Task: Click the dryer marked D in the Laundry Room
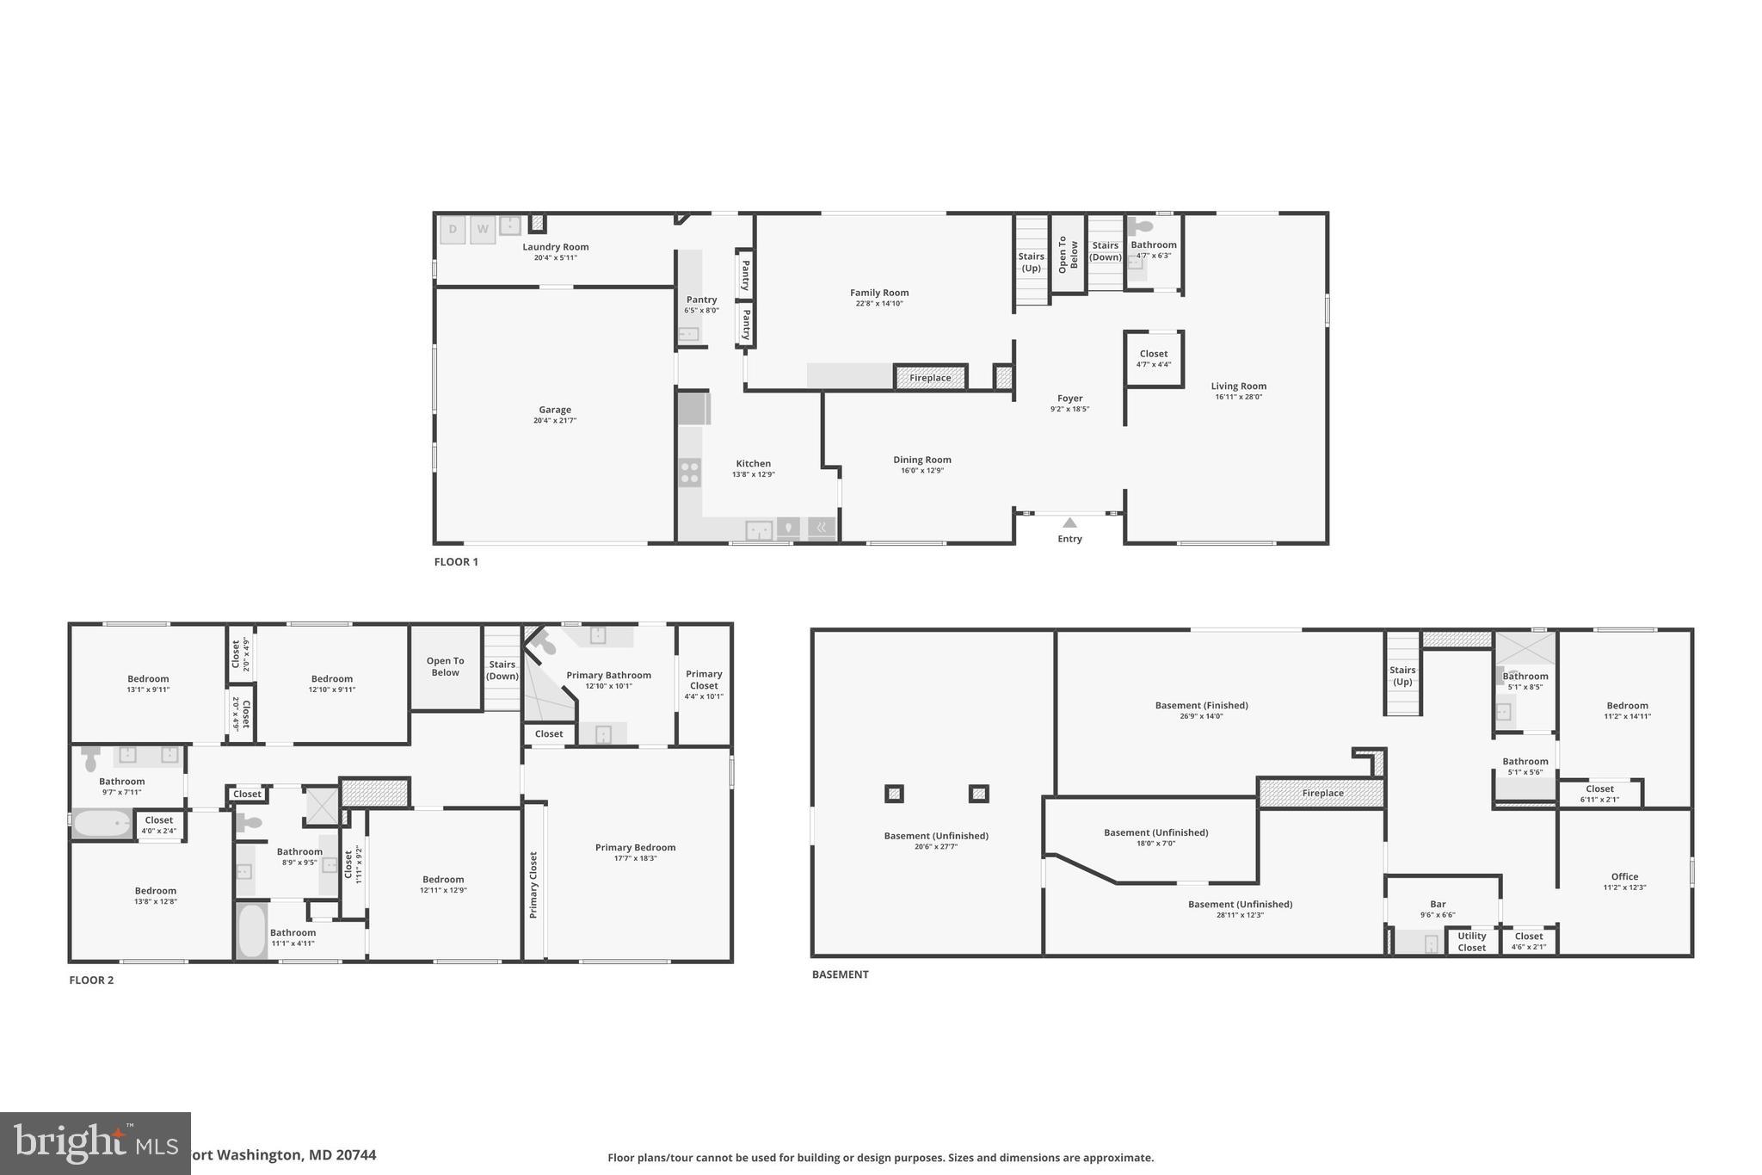tap(453, 229)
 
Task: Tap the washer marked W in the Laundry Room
tap(483, 229)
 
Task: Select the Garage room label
tap(555, 410)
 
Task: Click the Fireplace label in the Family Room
tap(930, 378)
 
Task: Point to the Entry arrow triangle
tap(1069, 523)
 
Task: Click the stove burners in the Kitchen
tap(689, 472)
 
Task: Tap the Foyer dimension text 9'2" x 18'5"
tap(1069, 409)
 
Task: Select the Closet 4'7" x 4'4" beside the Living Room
tap(1154, 358)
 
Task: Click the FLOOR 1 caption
tap(456, 562)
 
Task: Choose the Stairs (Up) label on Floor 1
tap(1031, 262)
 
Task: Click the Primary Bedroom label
tap(635, 848)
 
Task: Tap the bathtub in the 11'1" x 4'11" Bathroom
tap(252, 930)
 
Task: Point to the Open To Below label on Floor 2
tap(445, 667)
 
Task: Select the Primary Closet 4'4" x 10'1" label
tap(704, 684)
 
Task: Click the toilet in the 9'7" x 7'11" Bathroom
tap(90, 759)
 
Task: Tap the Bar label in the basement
tap(1438, 905)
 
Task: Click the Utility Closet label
tap(1471, 942)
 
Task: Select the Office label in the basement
tap(1624, 877)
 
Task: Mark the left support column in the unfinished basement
tap(894, 794)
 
